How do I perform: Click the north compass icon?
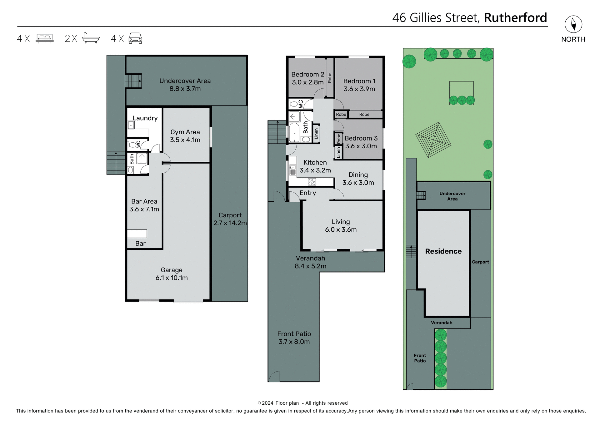pyautogui.click(x=573, y=24)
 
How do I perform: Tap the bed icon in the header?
pyautogui.click(x=45, y=38)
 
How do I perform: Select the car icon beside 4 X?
pyautogui.click(x=135, y=38)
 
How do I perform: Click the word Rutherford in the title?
pyautogui.click(x=515, y=18)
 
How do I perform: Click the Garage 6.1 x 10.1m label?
pyautogui.click(x=172, y=274)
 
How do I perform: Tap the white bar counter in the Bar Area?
pyautogui.click(x=137, y=234)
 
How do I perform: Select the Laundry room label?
pyautogui.click(x=145, y=118)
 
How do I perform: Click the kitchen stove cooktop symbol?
pyautogui.click(x=312, y=181)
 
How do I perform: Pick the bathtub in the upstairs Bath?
pyautogui.click(x=294, y=133)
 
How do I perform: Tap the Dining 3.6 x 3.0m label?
pyautogui.click(x=358, y=179)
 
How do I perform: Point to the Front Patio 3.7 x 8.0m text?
pyautogui.click(x=294, y=338)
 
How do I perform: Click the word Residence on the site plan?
pyautogui.click(x=443, y=251)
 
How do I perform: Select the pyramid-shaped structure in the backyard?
pyautogui.click(x=433, y=140)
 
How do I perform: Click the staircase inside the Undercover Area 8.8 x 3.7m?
pyautogui.click(x=133, y=81)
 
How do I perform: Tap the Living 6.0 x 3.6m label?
pyautogui.click(x=341, y=225)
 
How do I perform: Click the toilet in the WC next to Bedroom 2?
pyautogui.click(x=293, y=104)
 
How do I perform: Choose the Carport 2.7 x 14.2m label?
pyautogui.click(x=230, y=219)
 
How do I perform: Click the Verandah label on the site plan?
pyautogui.click(x=441, y=323)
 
